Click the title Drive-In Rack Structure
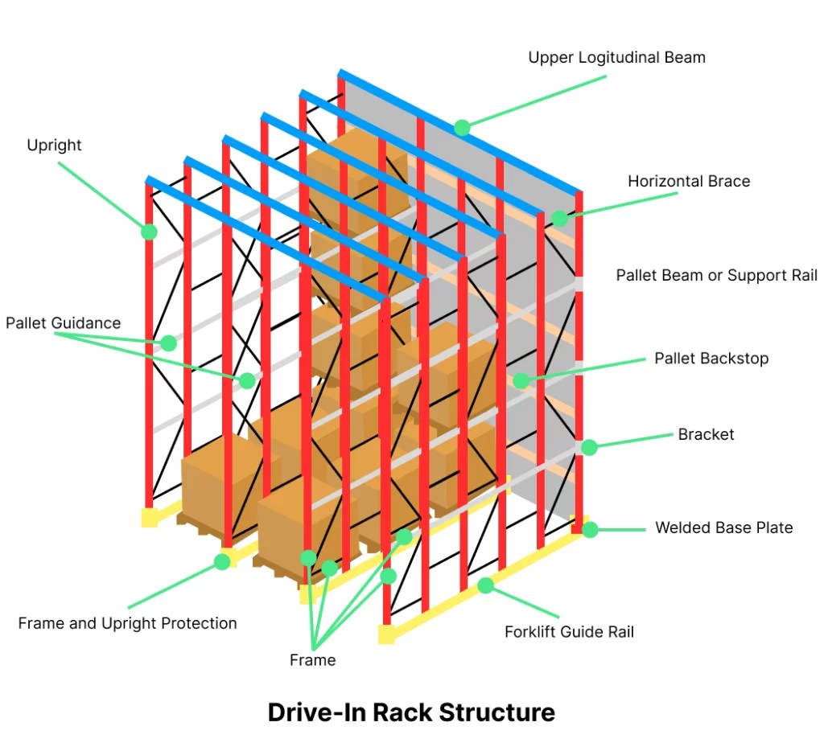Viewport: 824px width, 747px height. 411,712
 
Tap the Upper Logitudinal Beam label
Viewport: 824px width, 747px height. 616,57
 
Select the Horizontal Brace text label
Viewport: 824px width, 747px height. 689,181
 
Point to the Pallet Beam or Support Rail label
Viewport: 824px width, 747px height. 716,275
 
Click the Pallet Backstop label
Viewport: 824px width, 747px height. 711,358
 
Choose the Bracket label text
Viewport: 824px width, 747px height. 706,434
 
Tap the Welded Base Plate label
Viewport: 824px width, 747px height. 723,527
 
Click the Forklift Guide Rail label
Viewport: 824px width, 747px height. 569,631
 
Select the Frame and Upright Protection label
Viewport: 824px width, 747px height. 127,622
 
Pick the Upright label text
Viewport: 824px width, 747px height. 54,145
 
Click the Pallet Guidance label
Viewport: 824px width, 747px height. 63,322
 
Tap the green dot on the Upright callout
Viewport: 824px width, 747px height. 149,232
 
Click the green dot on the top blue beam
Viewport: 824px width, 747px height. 462,127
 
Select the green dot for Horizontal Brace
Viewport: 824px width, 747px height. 559,218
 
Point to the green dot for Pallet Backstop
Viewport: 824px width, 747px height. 521,380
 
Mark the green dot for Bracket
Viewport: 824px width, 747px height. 589,447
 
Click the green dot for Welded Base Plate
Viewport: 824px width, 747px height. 590,529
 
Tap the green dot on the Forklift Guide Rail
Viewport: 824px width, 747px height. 485,585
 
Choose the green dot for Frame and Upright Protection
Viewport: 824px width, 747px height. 222,561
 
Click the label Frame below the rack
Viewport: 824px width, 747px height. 312,659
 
